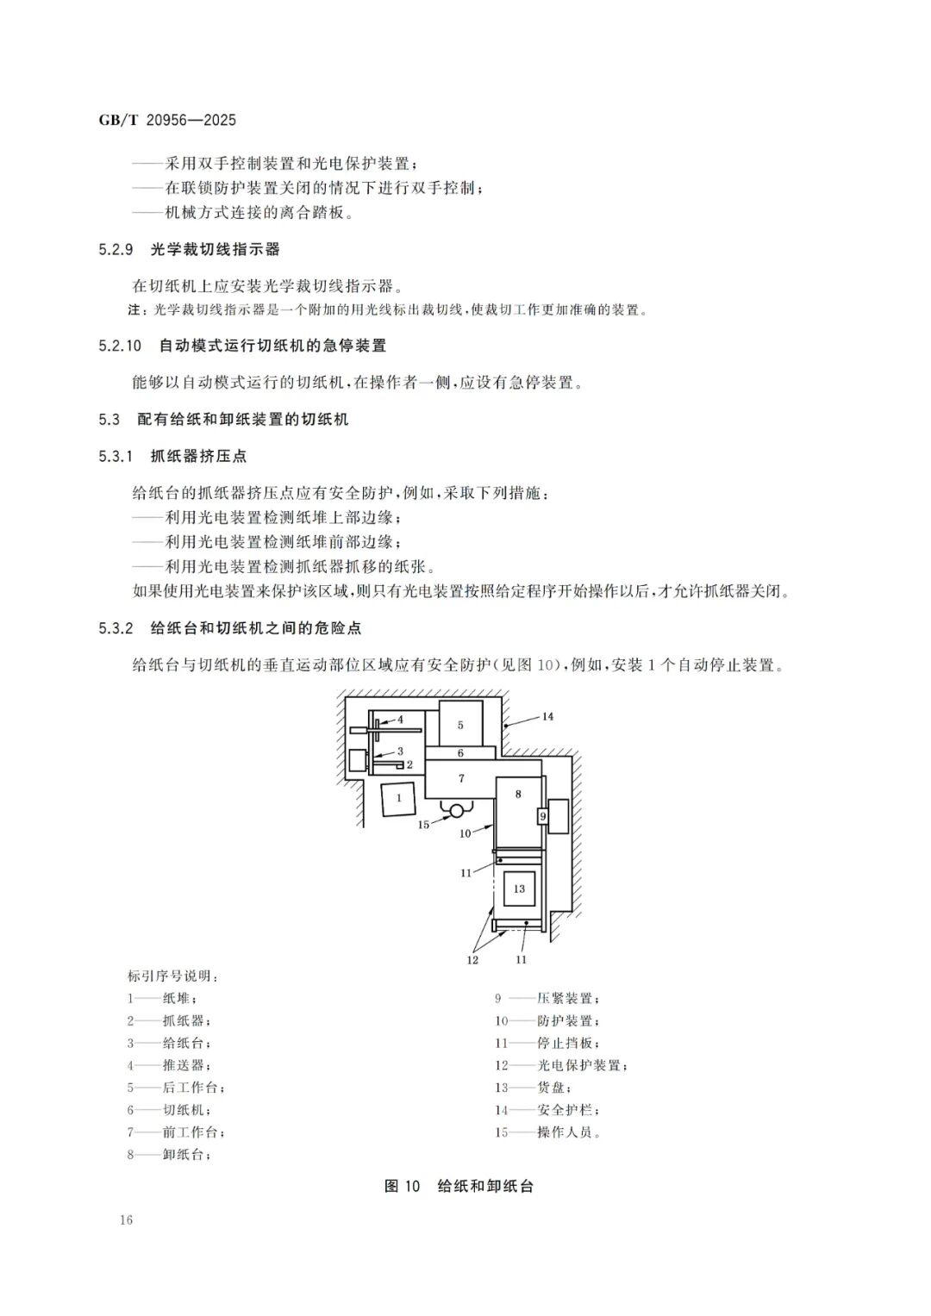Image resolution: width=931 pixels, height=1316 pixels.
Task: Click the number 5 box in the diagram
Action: (460, 724)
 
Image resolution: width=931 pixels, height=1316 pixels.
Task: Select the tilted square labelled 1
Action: (399, 798)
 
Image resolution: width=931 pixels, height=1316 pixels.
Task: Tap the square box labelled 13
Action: (519, 889)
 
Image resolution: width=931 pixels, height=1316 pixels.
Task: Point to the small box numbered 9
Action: (542, 815)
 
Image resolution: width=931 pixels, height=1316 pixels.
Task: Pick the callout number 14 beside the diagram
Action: (547, 716)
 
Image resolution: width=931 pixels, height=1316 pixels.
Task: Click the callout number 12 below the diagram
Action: (472, 959)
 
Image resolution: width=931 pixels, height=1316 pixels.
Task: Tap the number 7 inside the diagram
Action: (461, 778)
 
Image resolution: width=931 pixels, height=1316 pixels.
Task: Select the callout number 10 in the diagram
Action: (465, 833)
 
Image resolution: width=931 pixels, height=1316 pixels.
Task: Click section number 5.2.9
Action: (116, 250)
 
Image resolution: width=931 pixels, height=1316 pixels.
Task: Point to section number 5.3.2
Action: (116, 628)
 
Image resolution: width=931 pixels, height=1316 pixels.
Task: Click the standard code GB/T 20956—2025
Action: (167, 121)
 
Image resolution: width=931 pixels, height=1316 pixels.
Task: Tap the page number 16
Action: (127, 1219)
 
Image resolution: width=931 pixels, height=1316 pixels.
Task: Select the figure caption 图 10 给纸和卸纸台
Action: (459, 1186)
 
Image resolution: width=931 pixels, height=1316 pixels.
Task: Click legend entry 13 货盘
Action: (532, 1088)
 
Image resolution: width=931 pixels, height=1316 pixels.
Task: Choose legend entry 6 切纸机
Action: (169, 1110)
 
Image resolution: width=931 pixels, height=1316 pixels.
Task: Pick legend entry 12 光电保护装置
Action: (561, 1065)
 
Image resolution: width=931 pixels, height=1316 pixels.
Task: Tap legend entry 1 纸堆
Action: (162, 998)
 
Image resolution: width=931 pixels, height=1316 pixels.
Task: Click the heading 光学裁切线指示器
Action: (216, 250)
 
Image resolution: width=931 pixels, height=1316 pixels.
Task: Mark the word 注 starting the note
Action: (134, 310)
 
